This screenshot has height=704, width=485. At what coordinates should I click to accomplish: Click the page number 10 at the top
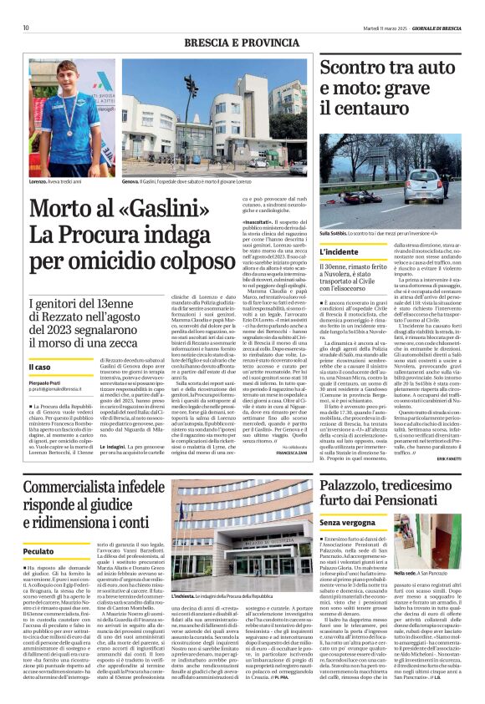click(x=26, y=27)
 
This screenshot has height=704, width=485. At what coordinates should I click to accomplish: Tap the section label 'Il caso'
click(x=39, y=367)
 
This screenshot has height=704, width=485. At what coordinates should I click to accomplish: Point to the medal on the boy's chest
click(x=61, y=132)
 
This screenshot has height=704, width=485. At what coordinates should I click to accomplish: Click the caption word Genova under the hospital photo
click(x=131, y=180)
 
